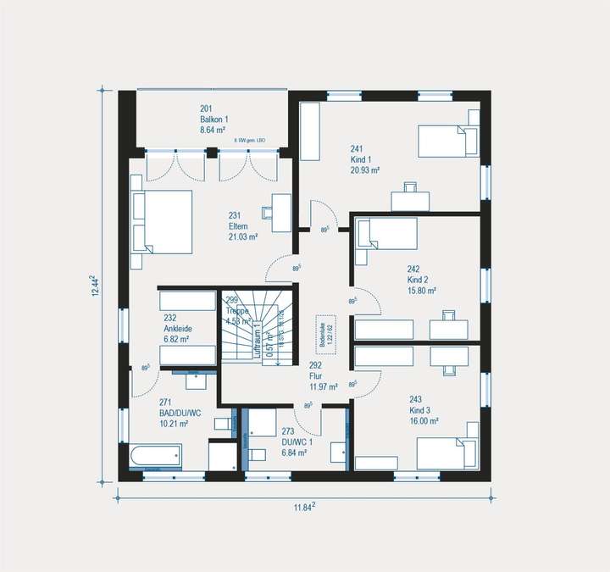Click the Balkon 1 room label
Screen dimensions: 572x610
tap(214, 119)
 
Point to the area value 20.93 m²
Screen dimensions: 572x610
tap(365, 169)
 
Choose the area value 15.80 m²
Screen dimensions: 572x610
tap(422, 290)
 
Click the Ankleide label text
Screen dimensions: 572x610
tap(177, 328)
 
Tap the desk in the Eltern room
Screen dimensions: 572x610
tap(277, 213)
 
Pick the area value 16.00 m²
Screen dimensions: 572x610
tap(423, 420)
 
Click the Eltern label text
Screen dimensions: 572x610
tap(237, 226)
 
